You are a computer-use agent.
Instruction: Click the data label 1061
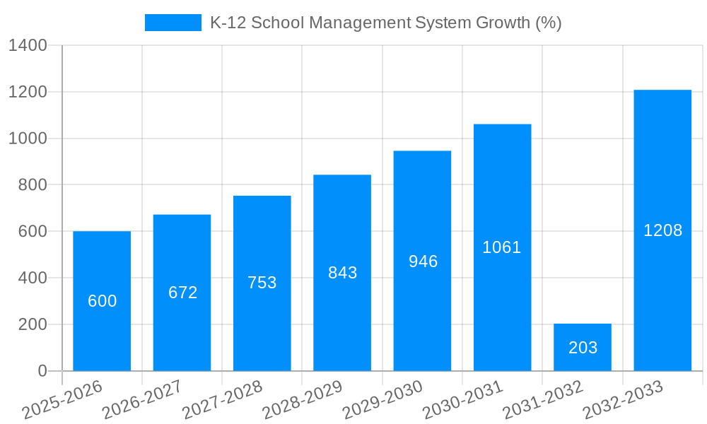(501, 247)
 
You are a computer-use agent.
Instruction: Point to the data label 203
(583, 348)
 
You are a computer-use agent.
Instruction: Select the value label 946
(423, 261)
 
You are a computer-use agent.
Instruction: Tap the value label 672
(182, 293)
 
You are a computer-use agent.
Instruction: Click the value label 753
(262, 283)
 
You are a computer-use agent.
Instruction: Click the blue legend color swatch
(173, 23)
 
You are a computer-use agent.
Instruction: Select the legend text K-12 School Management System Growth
(385, 23)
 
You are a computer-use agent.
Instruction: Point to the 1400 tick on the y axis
(28, 46)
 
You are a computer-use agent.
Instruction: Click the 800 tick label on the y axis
(33, 185)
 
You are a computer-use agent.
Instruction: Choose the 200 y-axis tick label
(33, 324)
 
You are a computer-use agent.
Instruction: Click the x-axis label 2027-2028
(223, 400)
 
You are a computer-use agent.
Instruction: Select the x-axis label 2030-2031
(463, 400)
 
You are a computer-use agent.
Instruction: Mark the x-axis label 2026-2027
(143, 400)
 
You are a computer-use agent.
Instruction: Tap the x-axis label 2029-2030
(383, 400)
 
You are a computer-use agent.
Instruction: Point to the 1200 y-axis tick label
(28, 93)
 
